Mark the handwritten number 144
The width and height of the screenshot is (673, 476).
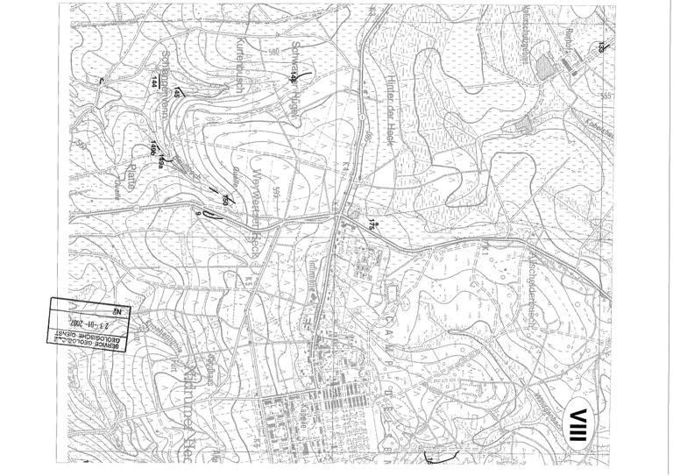[155, 82]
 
